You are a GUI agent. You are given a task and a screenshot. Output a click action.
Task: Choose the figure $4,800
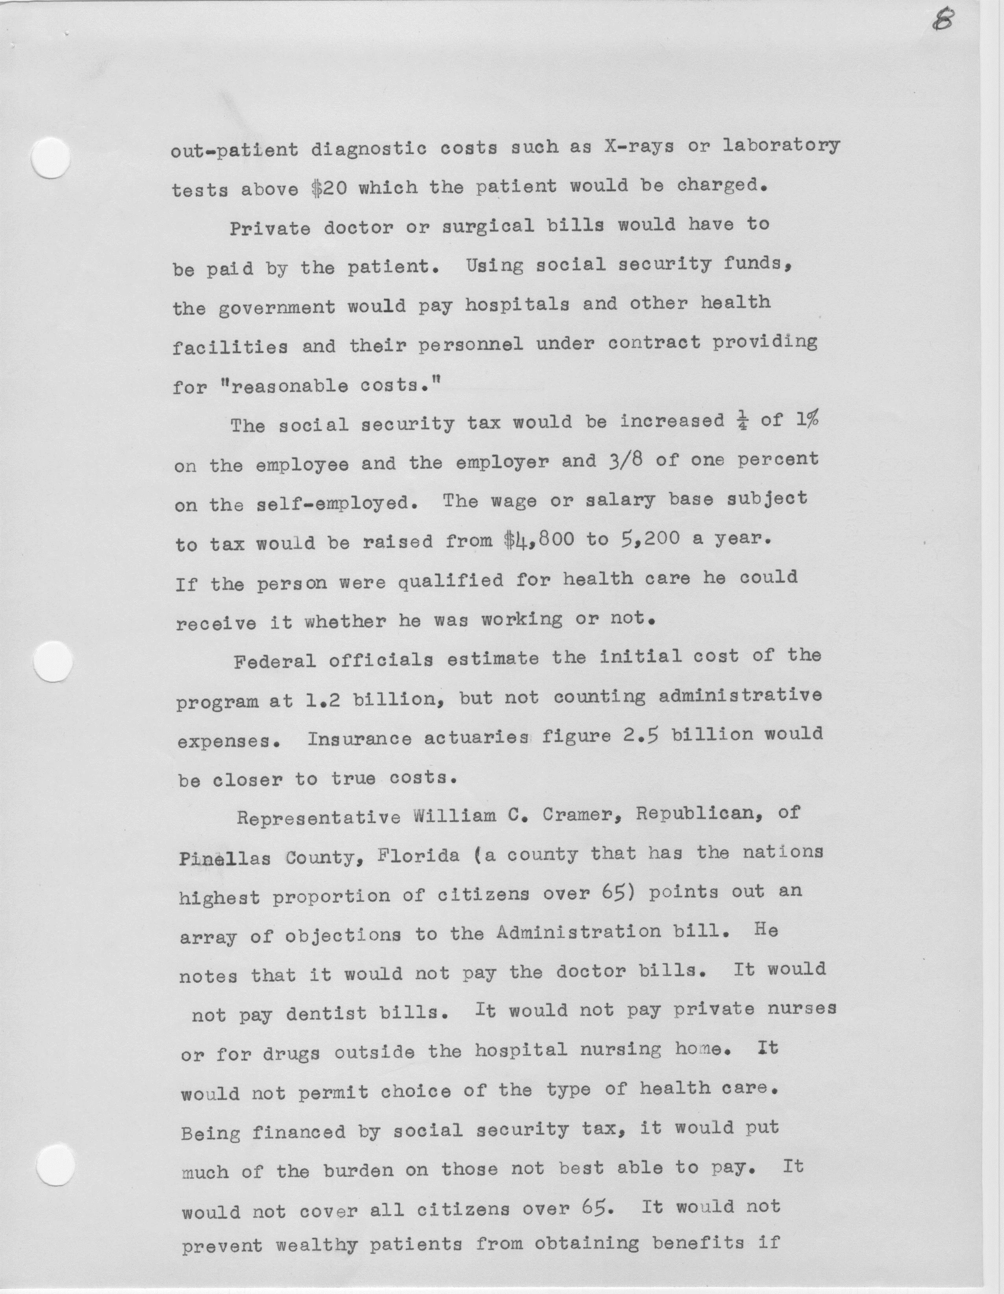537,541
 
